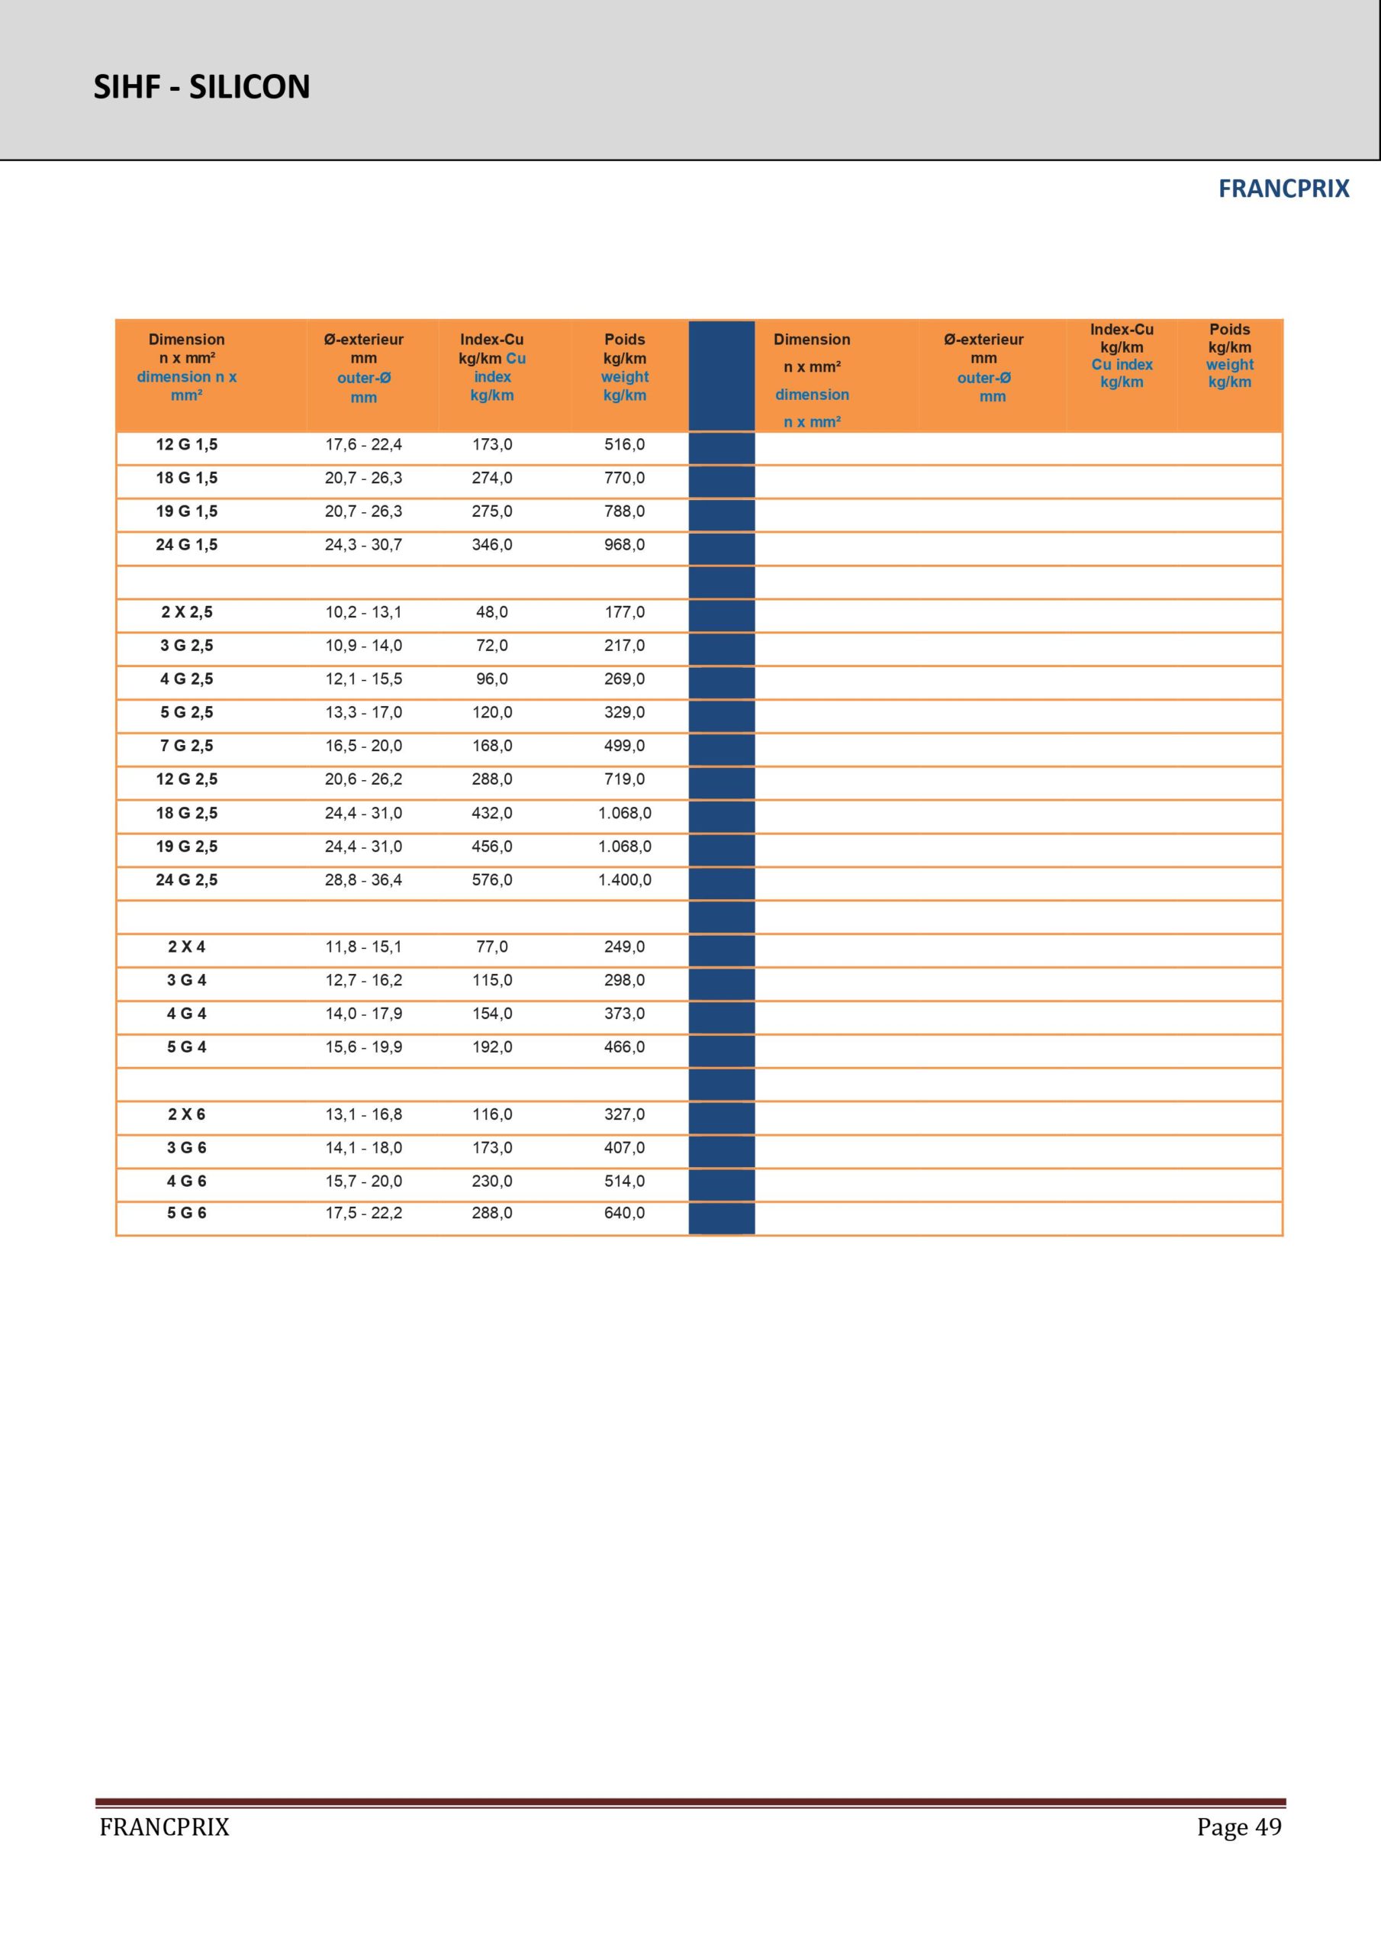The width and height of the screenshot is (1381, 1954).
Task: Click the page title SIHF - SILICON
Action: click(x=201, y=87)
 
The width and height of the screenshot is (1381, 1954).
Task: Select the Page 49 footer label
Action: click(x=1238, y=1827)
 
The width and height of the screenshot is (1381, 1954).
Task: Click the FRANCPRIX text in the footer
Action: click(x=164, y=1827)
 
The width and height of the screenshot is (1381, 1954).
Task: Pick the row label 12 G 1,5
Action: click(x=186, y=444)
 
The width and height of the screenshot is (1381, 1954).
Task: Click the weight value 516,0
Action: click(x=625, y=444)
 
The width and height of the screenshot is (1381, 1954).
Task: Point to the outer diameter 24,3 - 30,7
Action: click(x=363, y=545)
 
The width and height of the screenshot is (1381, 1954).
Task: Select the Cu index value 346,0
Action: click(x=492, y=545)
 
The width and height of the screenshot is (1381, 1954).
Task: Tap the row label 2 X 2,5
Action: click(x=186, y=612)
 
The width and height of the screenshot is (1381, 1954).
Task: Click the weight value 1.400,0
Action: click(x=625, y=880)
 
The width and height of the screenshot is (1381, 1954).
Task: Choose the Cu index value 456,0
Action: click(x=492, y=846)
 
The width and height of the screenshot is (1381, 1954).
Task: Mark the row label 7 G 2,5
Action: click(x=186, y=746)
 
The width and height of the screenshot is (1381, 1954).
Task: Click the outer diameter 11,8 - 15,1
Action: click(x=363, y=946)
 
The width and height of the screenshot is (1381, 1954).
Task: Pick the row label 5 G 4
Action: click(x=186, y=1046)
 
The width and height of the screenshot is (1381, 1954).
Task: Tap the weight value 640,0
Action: click(x=625, y=1213)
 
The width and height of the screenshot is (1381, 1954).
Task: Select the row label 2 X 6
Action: click(x=186, y=1114)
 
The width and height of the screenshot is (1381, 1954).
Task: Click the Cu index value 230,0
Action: click(x=492, y=1182)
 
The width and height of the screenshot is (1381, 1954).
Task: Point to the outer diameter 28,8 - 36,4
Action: click(x=363, y=880)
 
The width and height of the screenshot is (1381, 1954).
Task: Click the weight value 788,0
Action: click(x=625, y=511)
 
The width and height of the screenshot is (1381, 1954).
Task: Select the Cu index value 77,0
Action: click(x=492, y=946)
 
